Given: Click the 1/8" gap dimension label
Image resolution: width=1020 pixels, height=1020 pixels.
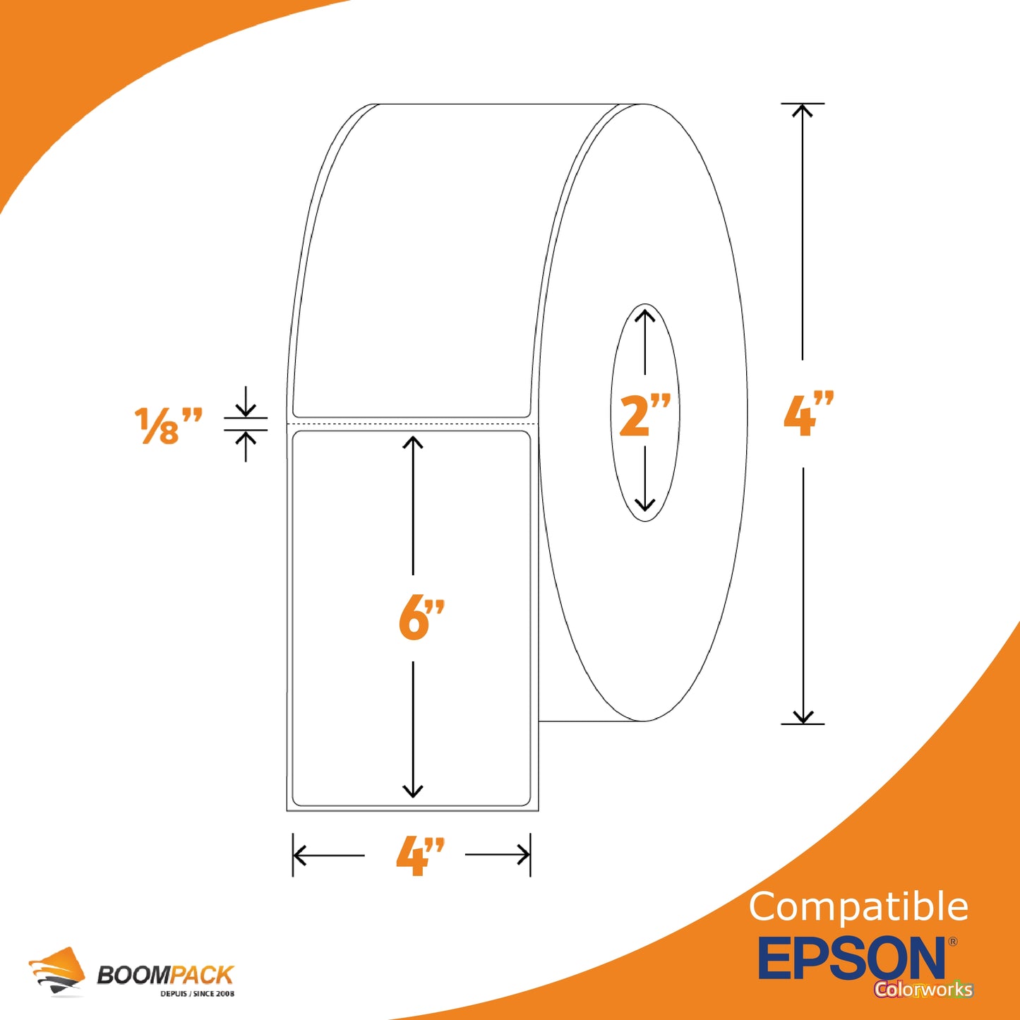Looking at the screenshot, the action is click(168, 426).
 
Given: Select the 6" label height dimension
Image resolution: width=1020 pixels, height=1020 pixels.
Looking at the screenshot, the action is click(421, 618).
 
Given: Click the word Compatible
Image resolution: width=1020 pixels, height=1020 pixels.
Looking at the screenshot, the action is click(858, 907).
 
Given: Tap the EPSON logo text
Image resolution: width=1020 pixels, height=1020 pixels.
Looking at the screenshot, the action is click(852, 958).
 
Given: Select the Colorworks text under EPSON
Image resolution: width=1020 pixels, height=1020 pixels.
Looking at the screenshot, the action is click(924, 989).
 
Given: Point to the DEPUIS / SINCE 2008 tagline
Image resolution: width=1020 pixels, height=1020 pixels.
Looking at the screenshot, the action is click(198, 994).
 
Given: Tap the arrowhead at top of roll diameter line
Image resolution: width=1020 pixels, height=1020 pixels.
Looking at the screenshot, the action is click(803, 109).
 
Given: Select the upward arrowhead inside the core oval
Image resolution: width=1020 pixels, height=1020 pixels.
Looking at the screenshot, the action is click(644, 316).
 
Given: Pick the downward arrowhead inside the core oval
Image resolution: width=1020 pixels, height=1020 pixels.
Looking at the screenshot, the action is click(644, 505).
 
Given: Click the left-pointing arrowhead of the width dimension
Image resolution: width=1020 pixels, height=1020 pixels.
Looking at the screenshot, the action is click(299, 855).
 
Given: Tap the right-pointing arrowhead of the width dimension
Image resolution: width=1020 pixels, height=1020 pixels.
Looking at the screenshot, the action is click(524, 855).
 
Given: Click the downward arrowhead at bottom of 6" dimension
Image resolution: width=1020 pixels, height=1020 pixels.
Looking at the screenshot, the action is click(413, 791).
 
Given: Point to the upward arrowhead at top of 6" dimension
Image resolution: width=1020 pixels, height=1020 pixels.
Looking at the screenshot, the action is click(413, 443).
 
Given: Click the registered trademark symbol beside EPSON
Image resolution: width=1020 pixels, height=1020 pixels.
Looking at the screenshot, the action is click(953, 942).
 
